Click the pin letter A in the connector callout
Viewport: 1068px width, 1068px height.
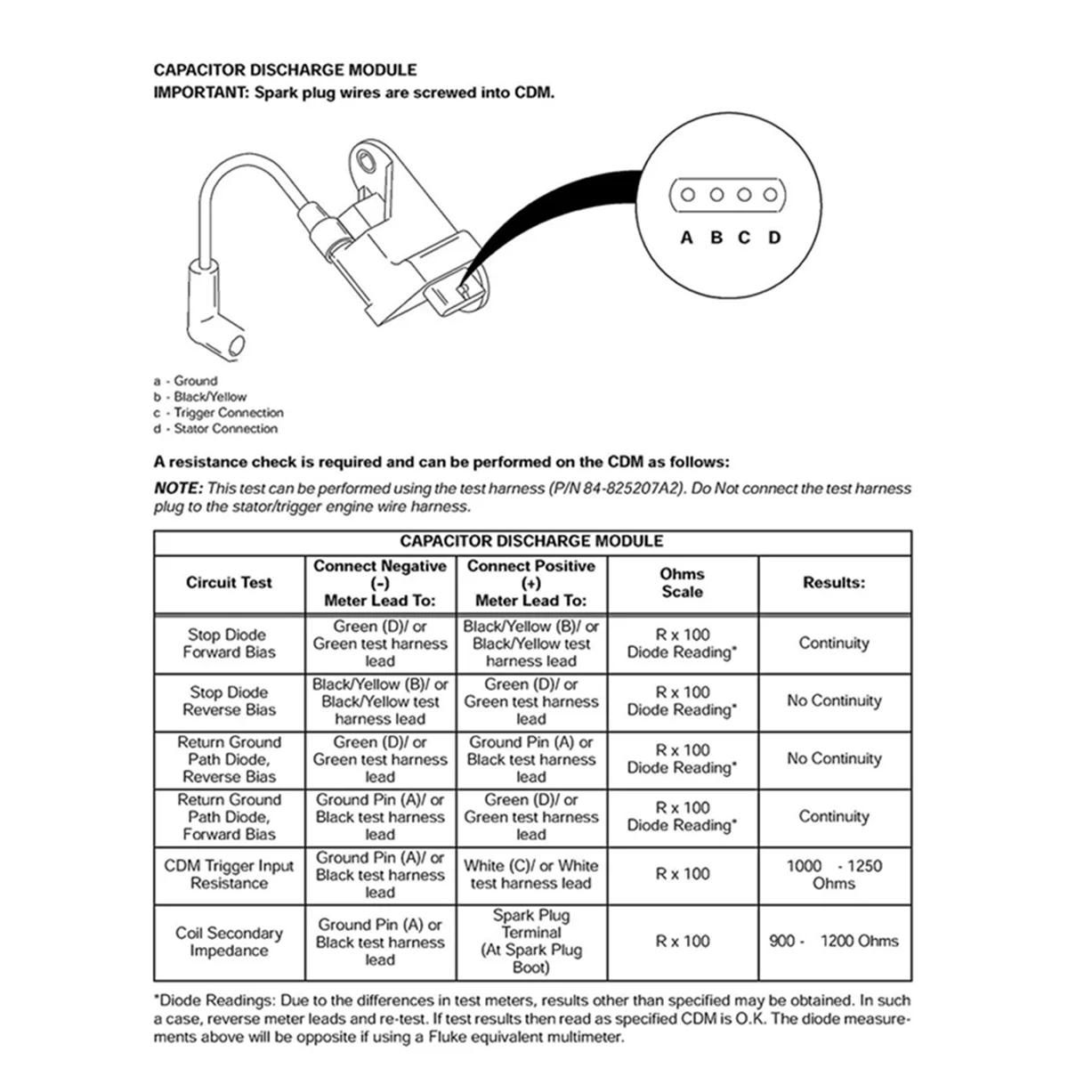click(686, 238)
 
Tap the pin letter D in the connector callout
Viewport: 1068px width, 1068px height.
click(774, 238)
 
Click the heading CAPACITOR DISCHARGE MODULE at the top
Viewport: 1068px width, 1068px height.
click(285, 70)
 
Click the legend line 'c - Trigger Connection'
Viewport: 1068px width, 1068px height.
click(219, 413)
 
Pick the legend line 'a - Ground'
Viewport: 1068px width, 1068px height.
click(185, 381)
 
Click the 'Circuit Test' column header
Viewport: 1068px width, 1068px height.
click(229, 583)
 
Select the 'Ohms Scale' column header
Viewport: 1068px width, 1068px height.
click(683, 583)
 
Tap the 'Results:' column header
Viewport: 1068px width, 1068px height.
click(834, 583)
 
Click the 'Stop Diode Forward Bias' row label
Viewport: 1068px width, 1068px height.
click(229, 643)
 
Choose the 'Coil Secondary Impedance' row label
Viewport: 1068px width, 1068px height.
click(229, 942)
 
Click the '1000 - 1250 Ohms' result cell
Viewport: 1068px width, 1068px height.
click(834, 874)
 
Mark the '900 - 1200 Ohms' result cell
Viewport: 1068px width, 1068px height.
click(834, 941)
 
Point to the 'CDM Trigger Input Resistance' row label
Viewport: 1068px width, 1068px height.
click(229, 874)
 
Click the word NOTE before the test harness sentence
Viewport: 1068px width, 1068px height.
click(178, 489)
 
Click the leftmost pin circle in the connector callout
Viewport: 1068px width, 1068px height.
click(687, 195)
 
